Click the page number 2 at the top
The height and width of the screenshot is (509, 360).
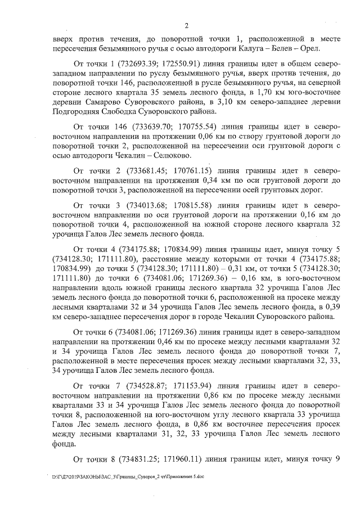click(x=186, y=25)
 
